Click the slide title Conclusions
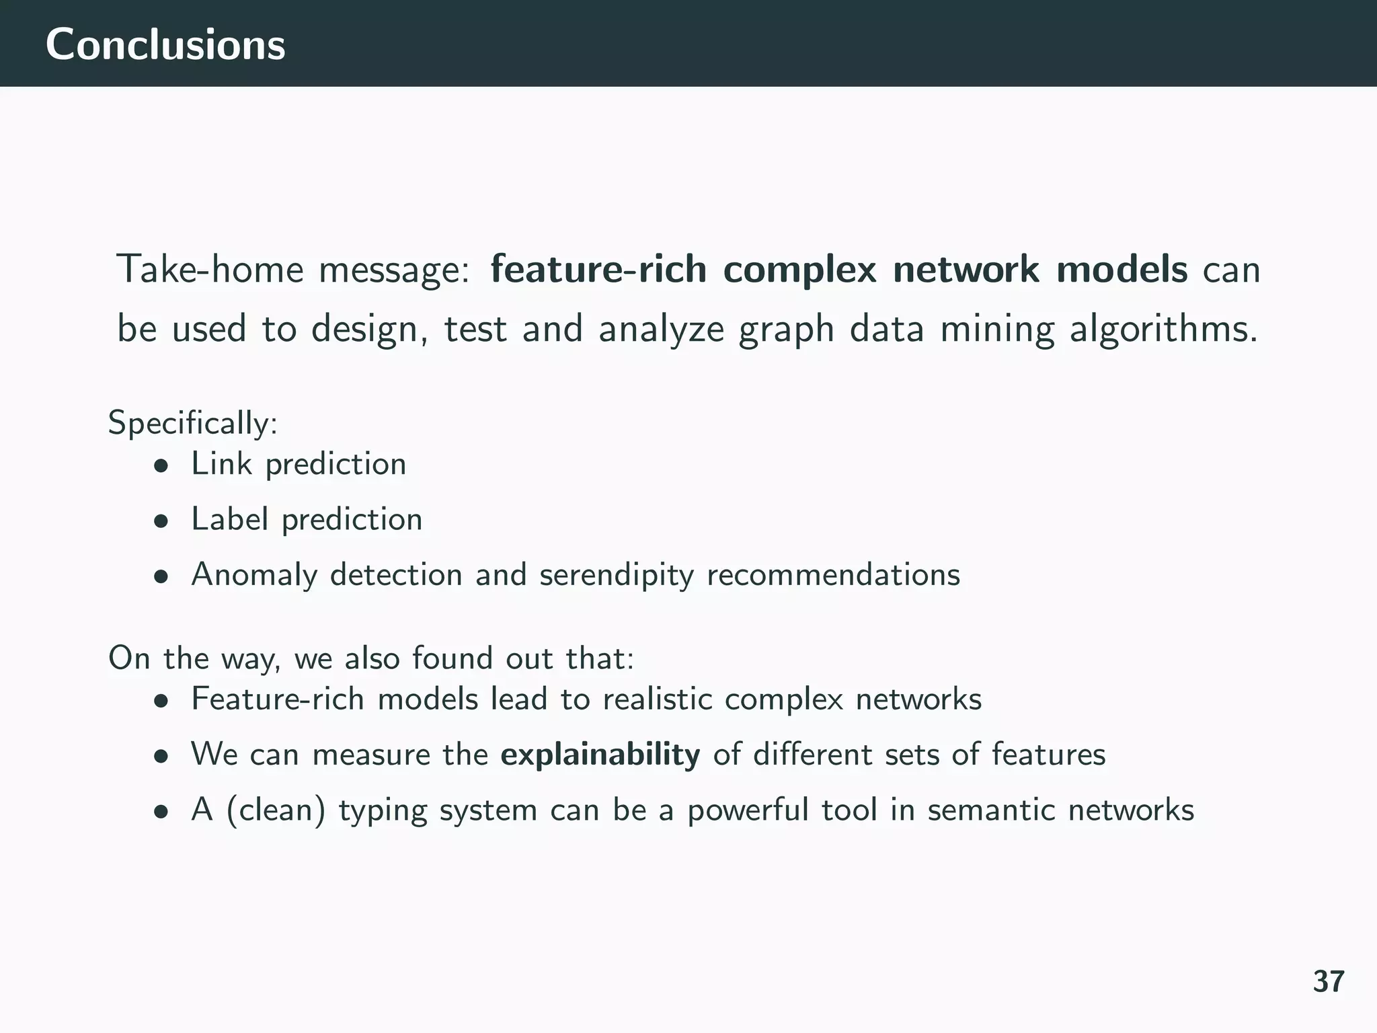(x=165, y=44)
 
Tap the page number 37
(x=1328, y=982)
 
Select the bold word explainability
(x=600, y=755)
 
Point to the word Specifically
(x=191, y=424)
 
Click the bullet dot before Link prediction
(x=160, y=466)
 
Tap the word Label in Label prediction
(x=229, y=519)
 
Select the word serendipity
(x=616, y=576)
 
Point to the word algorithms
(x=1163, y=330)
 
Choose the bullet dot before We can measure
(x=160, y=757)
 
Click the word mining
(x=997, y=330)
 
